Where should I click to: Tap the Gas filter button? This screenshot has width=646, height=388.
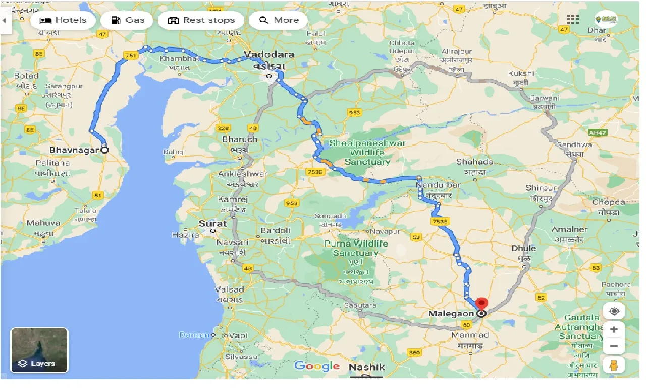click(x=127, y=20)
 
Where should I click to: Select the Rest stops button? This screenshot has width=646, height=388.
click(x=201, y=20)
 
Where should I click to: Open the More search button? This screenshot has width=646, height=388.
click(x=279, y=20)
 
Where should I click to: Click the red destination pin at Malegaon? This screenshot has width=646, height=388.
click(x=481, y=304)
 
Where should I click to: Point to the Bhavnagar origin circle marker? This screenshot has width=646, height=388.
click(x=104, y=150)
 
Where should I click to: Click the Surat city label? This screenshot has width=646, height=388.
click(x=212, y=223)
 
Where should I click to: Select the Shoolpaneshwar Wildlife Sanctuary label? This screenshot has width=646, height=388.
click(x=367, y=153)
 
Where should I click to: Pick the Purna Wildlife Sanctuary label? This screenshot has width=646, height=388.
click(x=356, y=248)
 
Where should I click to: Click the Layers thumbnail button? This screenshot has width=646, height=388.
click(x=39, y=350)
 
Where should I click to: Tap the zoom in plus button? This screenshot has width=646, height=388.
click(x=614, y=330)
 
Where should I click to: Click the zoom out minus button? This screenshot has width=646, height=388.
click(x=614, y=346)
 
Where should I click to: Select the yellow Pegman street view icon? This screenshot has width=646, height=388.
click(x=614, y=365)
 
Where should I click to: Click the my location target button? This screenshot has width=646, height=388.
click(x=614, y=311)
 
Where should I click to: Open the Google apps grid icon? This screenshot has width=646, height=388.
click(x=573, y=20)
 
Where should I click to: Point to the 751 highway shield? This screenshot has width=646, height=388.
click(x=130, y=56)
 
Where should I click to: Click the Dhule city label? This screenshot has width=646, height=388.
click(x=523, y=248)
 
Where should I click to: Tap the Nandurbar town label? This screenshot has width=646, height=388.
click(x=438, y=185)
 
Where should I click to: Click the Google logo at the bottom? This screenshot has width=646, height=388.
click(x=317, y=366)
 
